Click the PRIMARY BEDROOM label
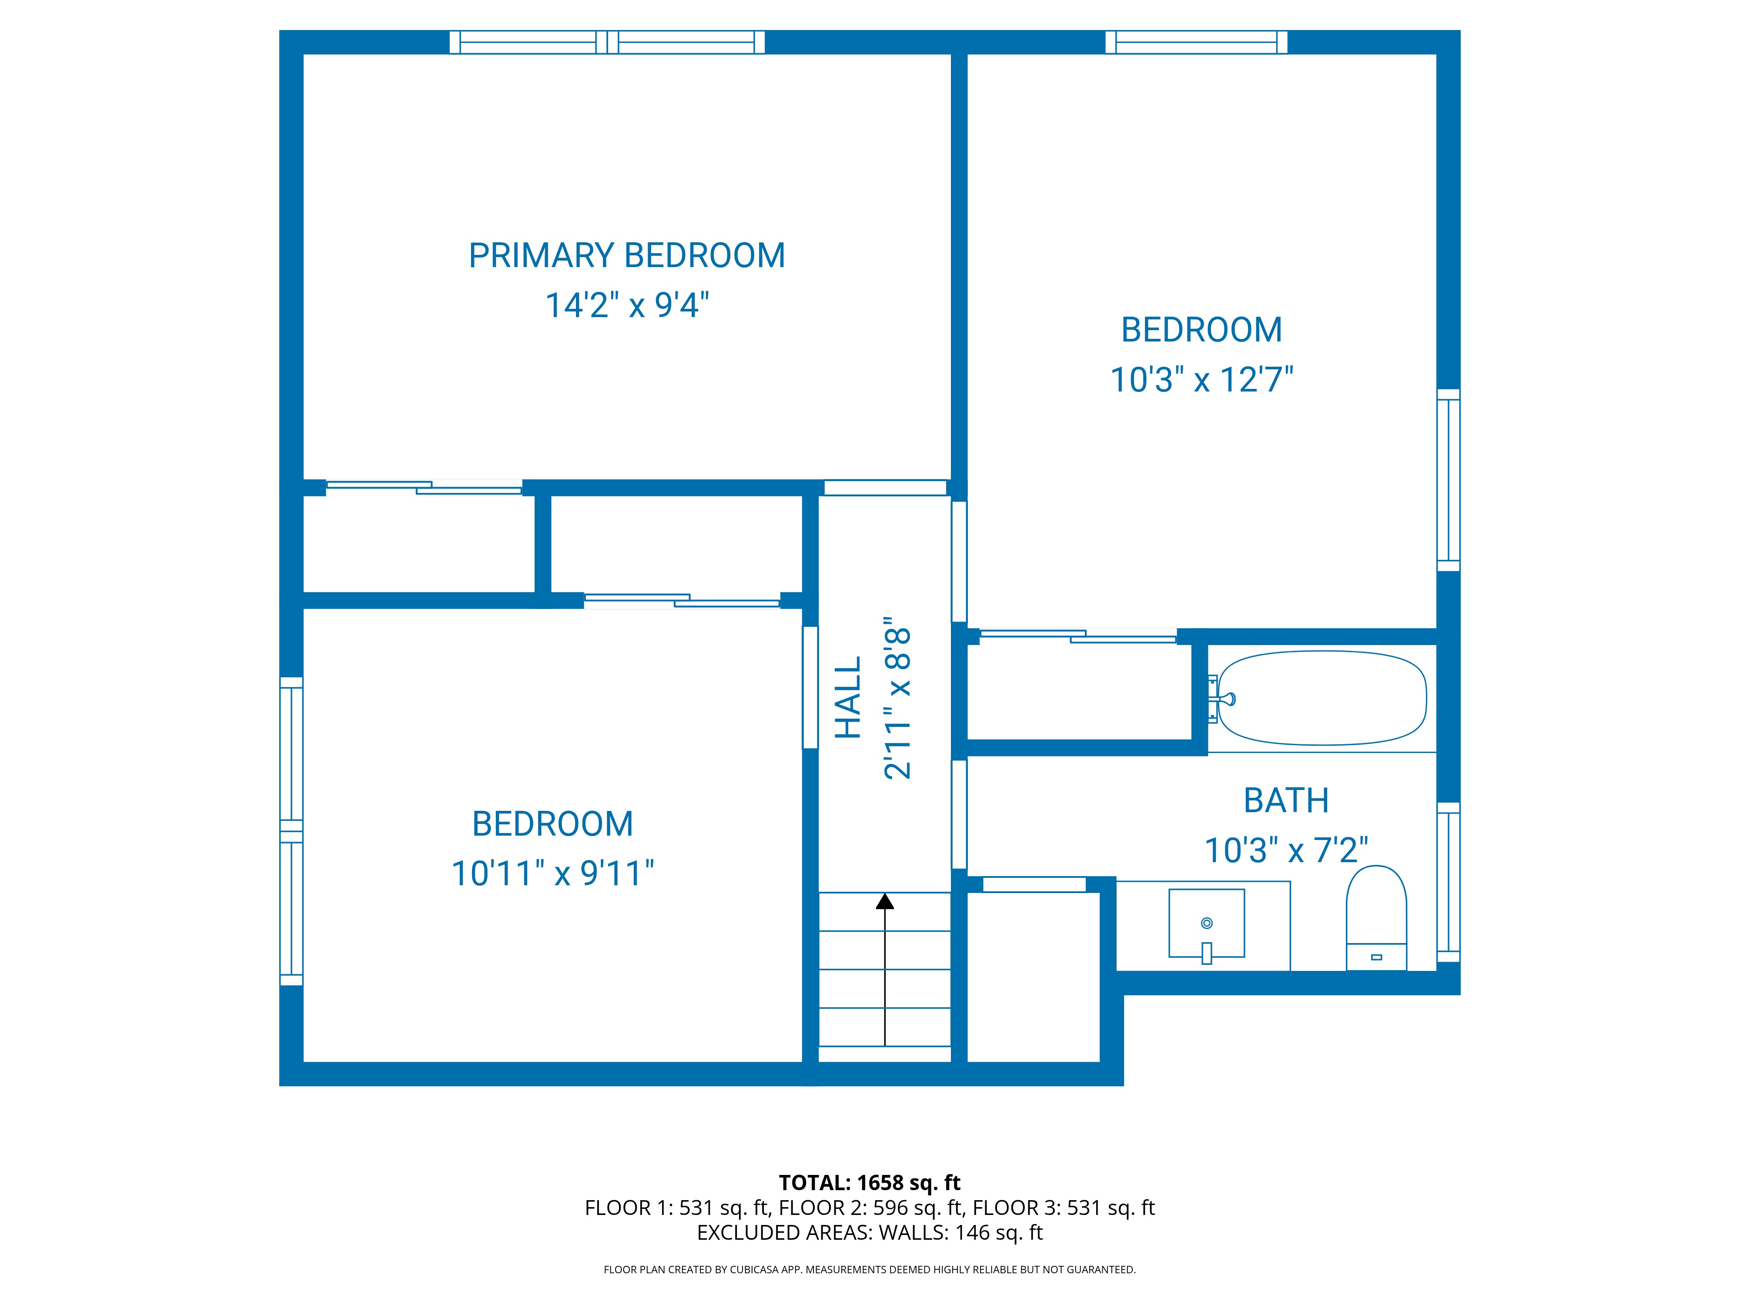[627, 256]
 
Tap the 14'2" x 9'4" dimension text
[627, 305]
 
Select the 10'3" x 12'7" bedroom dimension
[1201, 379]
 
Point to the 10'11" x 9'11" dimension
[552, 873]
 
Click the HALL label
[848, 698]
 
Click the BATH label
[1286, 801]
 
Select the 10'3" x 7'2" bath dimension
[1286, 850]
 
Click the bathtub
[1322, 698]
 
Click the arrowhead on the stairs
[885, 901]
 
